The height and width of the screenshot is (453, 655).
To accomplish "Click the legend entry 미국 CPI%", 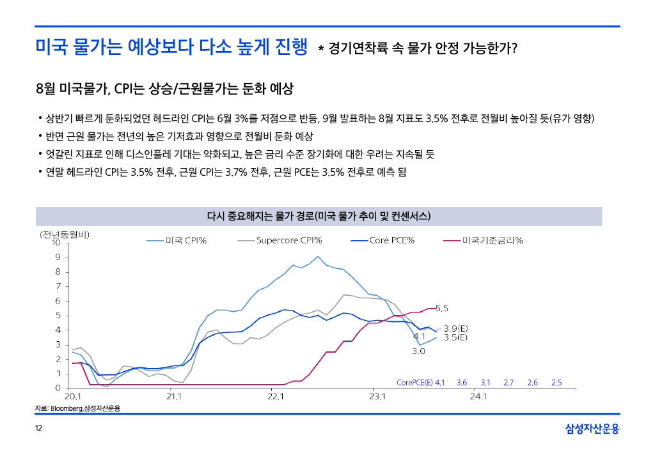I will coord(185,240).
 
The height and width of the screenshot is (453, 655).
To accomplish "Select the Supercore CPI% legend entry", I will coord(288,240).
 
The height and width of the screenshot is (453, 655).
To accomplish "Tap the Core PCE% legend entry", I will coord(391,240).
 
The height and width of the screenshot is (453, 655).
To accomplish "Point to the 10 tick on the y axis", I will coord(56,243).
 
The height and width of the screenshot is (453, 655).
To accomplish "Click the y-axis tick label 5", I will coord(58,316).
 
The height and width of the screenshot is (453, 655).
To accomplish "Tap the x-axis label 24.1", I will coord(478,397).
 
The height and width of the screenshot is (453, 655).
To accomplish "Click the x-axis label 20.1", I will coord(72,397).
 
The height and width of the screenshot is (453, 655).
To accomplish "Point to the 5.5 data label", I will coord(441,308).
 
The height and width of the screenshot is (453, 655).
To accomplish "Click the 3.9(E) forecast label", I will coord(455,328).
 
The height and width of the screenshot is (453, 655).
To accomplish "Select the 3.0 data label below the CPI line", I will coord(418,351).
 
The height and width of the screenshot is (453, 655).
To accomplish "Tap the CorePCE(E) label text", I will coord(414,383).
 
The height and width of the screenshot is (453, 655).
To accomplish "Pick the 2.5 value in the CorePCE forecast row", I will coord(556,383).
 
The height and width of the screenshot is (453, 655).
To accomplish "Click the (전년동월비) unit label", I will coord(64,234).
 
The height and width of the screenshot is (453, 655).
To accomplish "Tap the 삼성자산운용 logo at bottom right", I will coord(592,429).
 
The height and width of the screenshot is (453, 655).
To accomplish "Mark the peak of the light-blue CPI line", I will coord(318,256).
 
